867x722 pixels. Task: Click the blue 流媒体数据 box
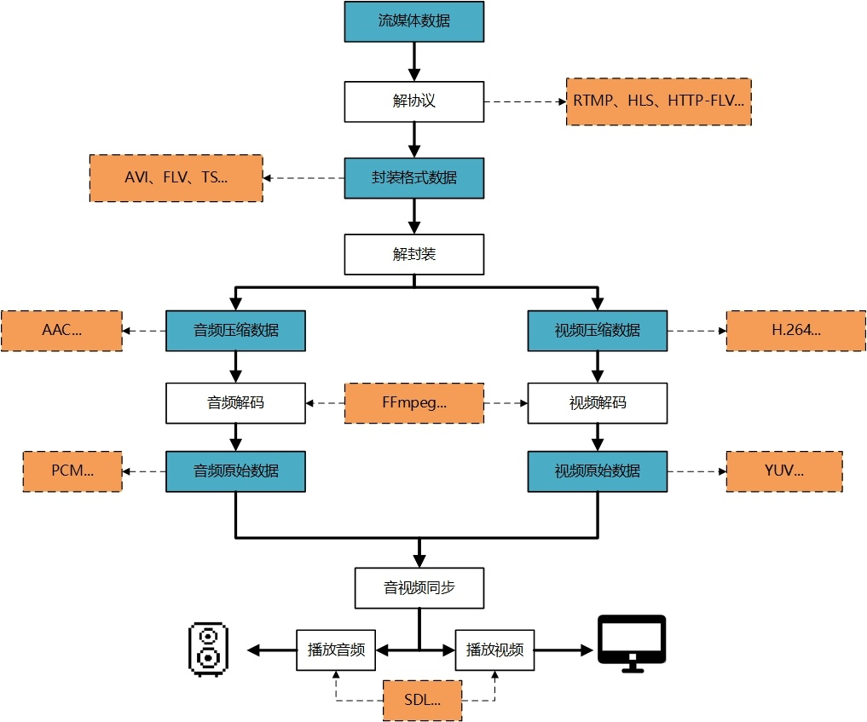click(414, 21)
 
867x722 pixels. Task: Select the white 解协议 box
click(414, 101)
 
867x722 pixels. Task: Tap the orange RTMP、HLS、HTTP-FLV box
click(658, 101)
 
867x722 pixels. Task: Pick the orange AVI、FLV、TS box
click(176, 178)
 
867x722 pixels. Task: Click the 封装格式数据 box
click(414, 178)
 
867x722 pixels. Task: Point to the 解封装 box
click(414, 254)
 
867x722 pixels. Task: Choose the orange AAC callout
click(62, 331)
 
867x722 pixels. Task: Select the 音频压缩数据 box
click(235, 331)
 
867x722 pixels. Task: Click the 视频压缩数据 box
click(597, 331)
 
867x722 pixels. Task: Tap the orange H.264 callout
click(796, 331)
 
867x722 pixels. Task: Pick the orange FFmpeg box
click(414, 403)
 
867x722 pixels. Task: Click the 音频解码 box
click(235, 403)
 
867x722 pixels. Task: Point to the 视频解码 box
click(597, 403)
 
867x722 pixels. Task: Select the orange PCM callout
click(72, 471)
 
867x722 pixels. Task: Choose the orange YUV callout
click(784, 471)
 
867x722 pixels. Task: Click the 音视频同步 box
click(419, 588)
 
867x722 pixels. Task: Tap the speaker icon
click(209, 650)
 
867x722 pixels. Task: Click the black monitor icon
click(632, 644)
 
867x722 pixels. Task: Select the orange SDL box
click(423, 701)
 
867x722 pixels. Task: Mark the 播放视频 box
click(494, 650)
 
